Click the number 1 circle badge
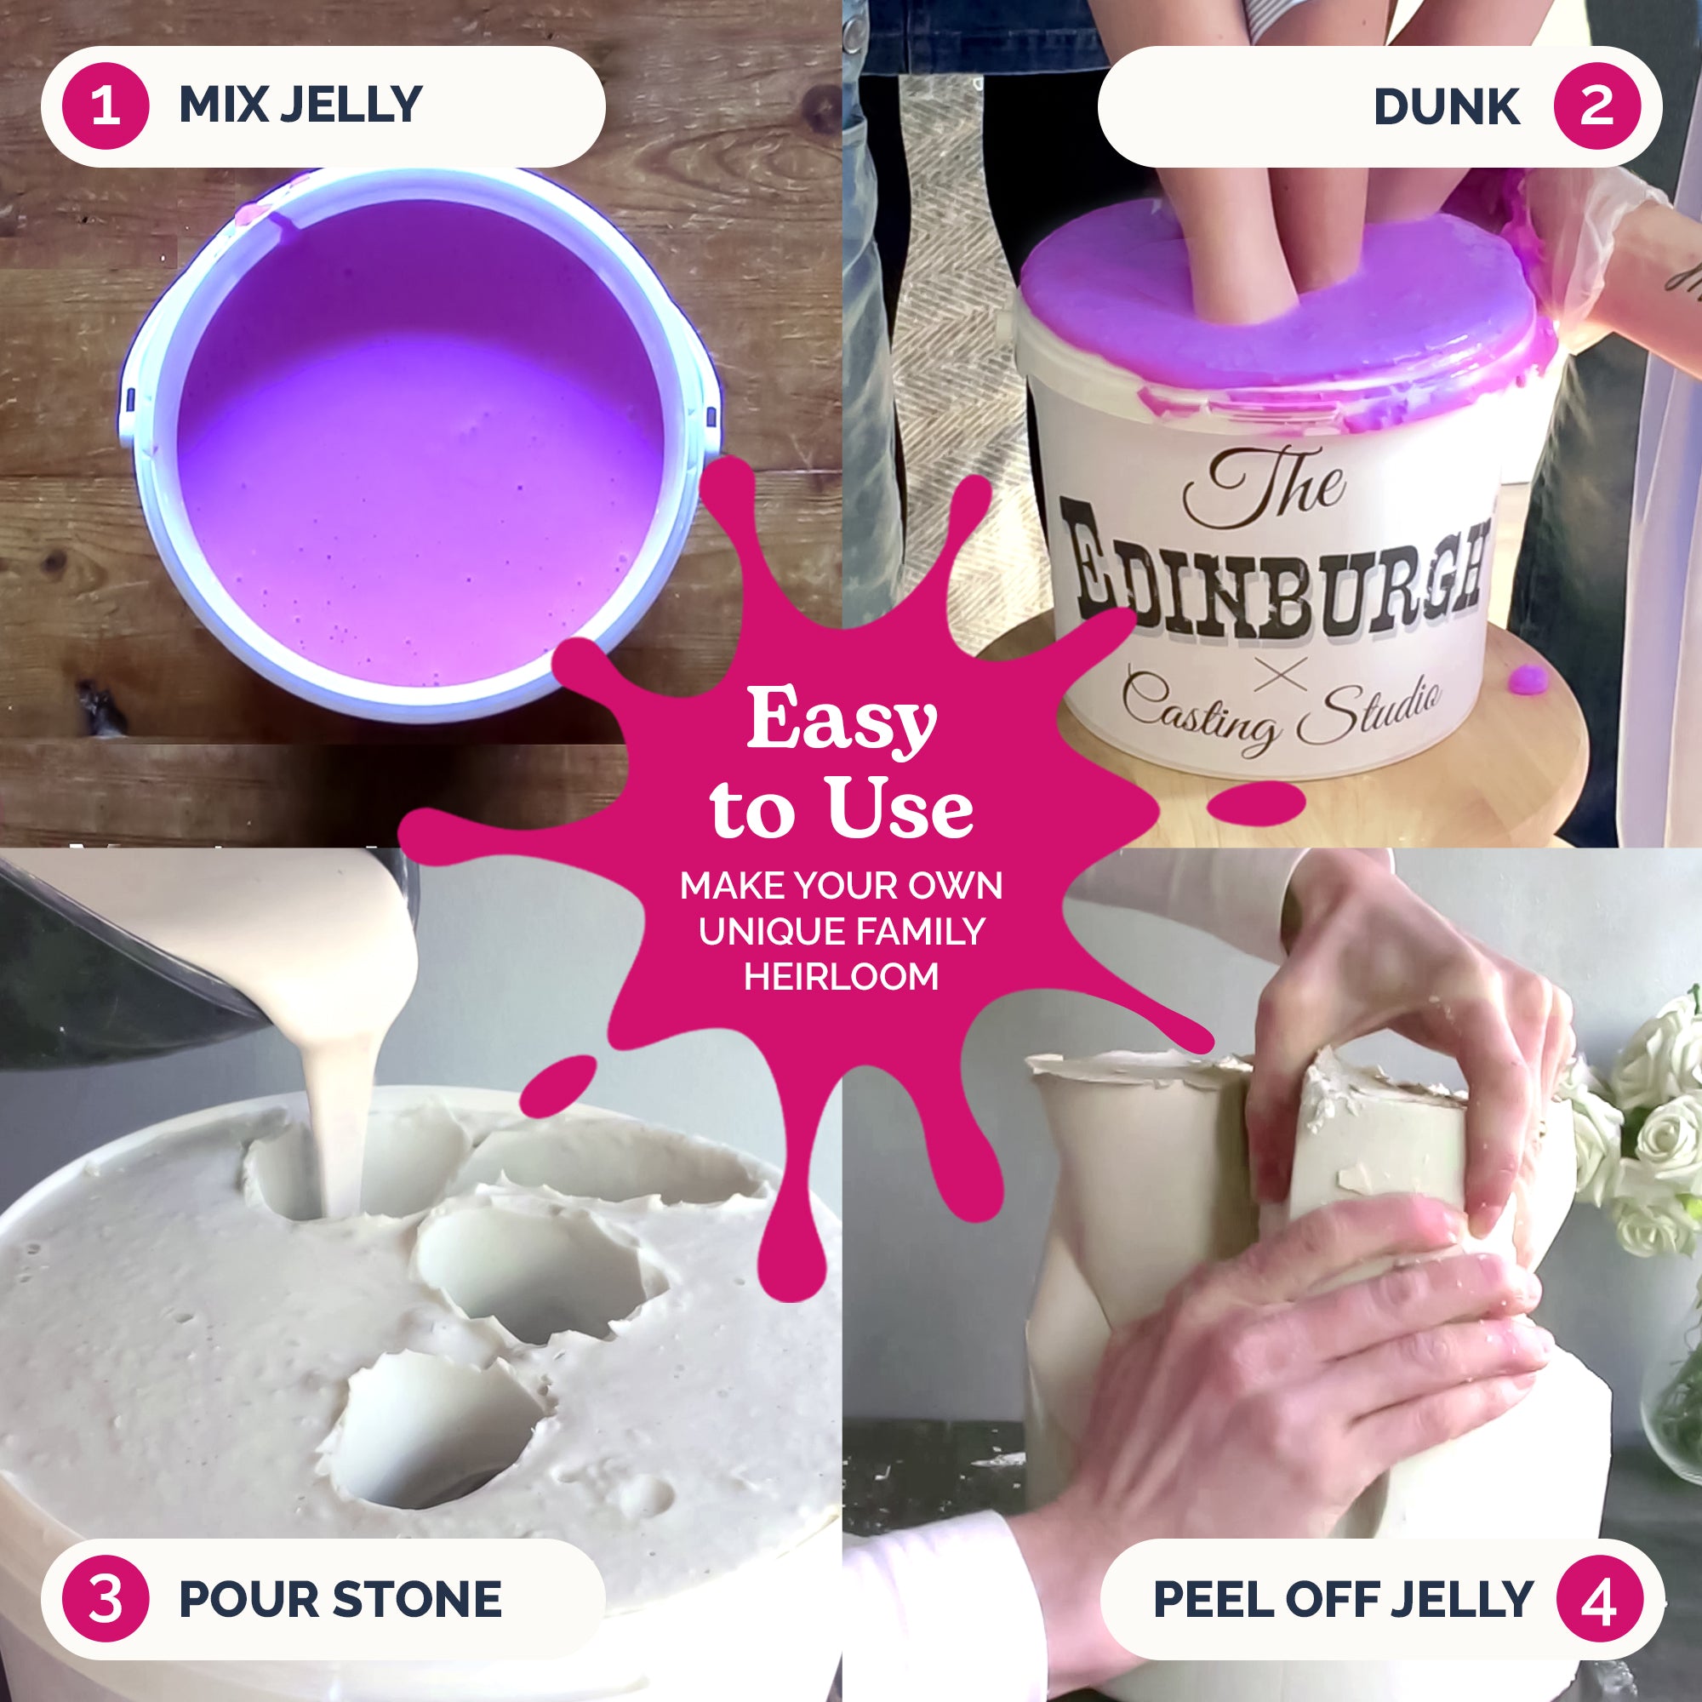click(106, 106)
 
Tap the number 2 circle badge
click(1597, 106)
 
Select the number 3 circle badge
click(106, 1599)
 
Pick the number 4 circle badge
click(1599, 1599)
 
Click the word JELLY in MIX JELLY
click(351, 105)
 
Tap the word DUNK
click(1447, 107)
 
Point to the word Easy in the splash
click(842, 720)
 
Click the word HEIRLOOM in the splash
click(842, 977)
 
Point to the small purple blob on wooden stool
click(1528, 678)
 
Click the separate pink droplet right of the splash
click(1254, 803)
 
